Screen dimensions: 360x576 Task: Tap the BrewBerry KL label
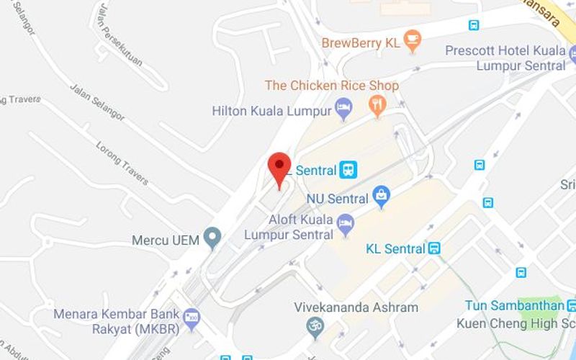(360, 42)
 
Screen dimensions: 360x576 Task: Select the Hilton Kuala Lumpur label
(271, 111)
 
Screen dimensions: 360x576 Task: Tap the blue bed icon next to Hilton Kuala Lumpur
(345, 110)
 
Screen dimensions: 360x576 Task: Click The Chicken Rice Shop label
(331, 86)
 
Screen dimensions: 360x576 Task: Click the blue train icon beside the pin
(348, 170)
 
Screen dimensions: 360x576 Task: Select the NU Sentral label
(337, 197)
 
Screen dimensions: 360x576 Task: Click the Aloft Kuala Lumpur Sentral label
(289, 227)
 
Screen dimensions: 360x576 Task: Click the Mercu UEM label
(165, 240)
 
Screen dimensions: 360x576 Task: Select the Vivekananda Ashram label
(356, 307)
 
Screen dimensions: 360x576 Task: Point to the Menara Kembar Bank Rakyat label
(116, 322)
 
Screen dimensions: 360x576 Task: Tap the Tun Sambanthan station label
(514, 305)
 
